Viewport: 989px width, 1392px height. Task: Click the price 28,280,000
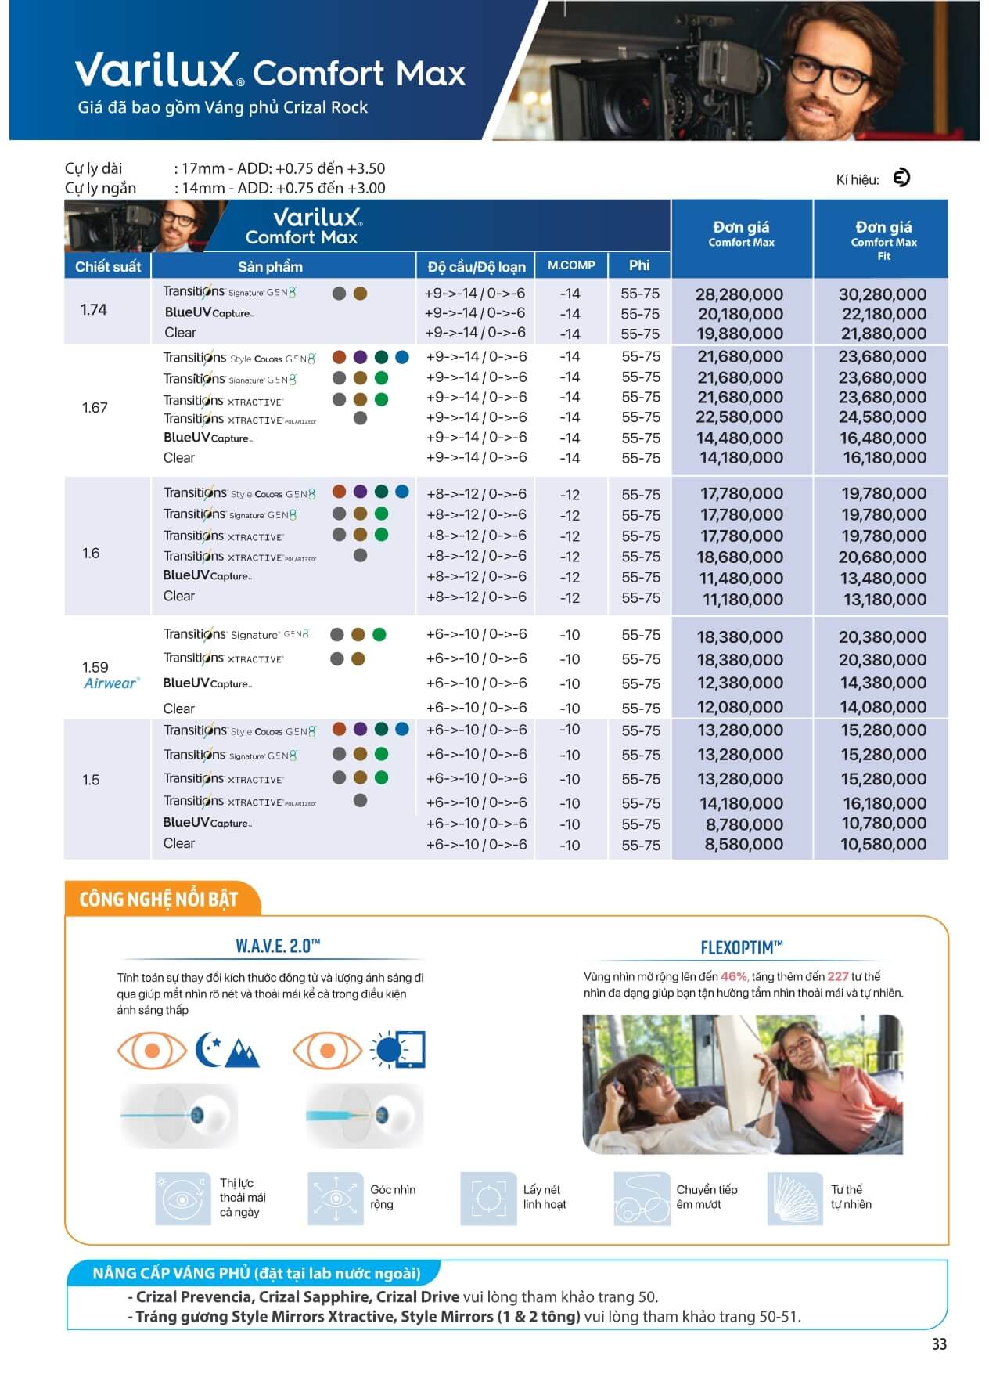[739, 294]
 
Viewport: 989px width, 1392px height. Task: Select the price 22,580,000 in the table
[739, 417]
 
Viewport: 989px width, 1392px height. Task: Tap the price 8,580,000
[743, 845]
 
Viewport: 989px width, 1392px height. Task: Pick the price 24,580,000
[883, 417]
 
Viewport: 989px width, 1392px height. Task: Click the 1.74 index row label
[94, 310]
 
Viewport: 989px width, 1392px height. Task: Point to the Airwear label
[111, 683]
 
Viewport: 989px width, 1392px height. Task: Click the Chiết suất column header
[107, 267]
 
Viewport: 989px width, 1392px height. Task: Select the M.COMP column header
[570, 265]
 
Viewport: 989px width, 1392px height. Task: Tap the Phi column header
[639, 265]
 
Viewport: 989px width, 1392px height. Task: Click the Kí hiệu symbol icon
[901, 179]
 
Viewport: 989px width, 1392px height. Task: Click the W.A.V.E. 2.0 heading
[278, 946]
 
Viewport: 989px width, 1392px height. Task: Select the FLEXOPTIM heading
[741, 948]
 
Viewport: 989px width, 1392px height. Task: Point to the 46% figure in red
[734, 976]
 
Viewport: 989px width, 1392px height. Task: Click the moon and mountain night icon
[227, 1051]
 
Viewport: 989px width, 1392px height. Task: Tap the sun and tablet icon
[398, 1051]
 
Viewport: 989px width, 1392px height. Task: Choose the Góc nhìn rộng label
[392, 1196]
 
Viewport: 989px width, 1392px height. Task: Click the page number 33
[939, 1344]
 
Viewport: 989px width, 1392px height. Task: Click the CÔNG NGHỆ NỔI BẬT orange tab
[158, 900]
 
